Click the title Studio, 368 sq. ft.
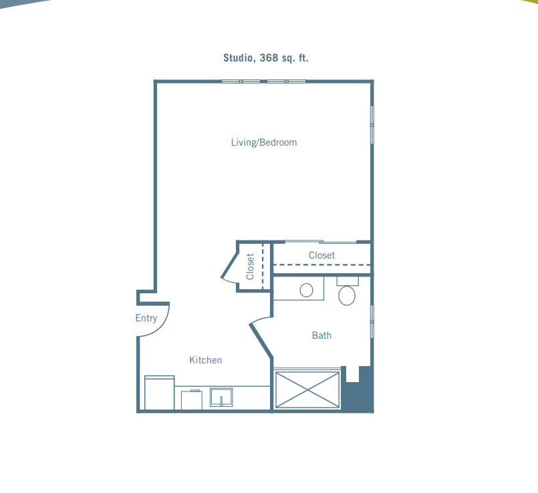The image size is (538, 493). click(x=266, y=57)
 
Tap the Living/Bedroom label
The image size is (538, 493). click(x=264, y=142)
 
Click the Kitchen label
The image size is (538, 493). click(x=206, y=360)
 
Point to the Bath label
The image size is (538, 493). click(x=322, y=335)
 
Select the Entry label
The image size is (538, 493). click(x=146, y=318)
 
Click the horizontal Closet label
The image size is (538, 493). click(x=321, y=255)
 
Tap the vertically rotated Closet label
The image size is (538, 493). click(x=250, y=267)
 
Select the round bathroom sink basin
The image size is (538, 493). click(x=306, y=290)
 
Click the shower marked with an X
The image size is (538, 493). click(x=308, y=390)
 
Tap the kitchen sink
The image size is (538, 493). click(x=221, y=397)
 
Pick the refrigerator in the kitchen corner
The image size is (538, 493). click(x=159, y=393)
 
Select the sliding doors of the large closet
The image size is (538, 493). click(x=321, y=242)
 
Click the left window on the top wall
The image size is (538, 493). click(x=241, y=81)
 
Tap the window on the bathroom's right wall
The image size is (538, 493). click(x=372, y=321)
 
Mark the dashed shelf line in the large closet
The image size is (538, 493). click(x=321, y=265)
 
